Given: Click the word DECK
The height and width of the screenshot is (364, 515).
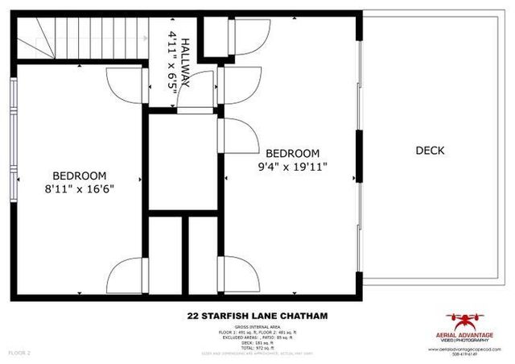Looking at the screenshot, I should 431,150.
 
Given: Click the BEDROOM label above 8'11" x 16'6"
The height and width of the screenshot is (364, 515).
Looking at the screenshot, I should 80,176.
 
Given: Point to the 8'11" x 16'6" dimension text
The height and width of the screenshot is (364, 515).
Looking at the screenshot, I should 80,191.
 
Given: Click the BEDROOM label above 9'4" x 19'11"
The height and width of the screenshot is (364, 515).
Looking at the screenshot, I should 292,153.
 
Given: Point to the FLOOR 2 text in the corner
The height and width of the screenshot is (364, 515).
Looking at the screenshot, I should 19,353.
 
